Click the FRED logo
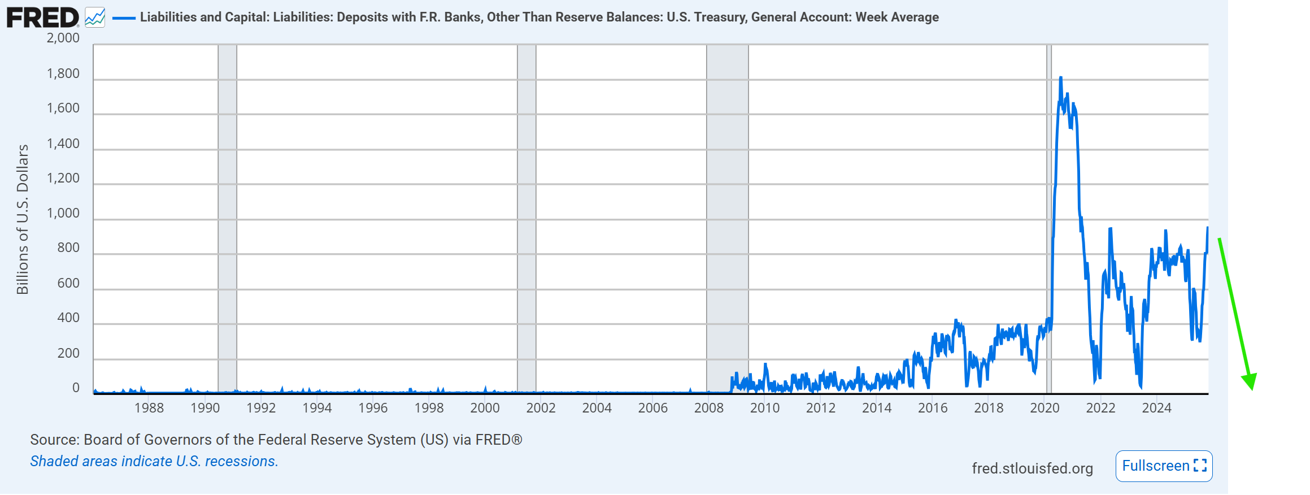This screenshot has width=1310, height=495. (43, 18)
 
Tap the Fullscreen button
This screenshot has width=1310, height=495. (1164, 466)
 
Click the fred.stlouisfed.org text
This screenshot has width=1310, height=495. (1032, 468)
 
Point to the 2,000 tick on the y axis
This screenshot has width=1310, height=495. (63, 38)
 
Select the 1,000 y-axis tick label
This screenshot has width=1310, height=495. (63, 214)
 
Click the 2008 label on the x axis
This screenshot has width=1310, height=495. (708, 408)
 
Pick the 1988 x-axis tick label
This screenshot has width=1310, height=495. (149, 408)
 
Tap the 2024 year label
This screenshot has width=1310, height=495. (1156, 408)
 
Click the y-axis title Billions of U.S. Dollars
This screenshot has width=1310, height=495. (23, 219)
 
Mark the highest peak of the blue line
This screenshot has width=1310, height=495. (1060, 77)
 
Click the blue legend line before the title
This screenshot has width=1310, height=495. (124, 18)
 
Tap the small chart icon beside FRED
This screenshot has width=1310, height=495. (95, 18)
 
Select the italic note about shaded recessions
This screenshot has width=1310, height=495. (154, 462)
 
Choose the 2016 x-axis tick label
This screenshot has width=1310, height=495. (933, 408)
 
